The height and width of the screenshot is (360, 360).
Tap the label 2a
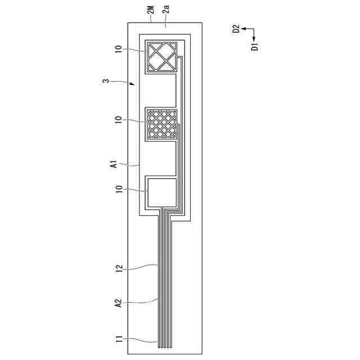click(166, 10)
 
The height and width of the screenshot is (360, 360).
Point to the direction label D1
click(254, 46)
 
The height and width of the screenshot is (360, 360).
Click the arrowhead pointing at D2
click(244, 29)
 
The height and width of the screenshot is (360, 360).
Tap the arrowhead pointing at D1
click(254, 38)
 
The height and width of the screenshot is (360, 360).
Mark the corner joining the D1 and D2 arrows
click(254, 29)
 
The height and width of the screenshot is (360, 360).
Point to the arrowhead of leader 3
click(133, 84)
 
